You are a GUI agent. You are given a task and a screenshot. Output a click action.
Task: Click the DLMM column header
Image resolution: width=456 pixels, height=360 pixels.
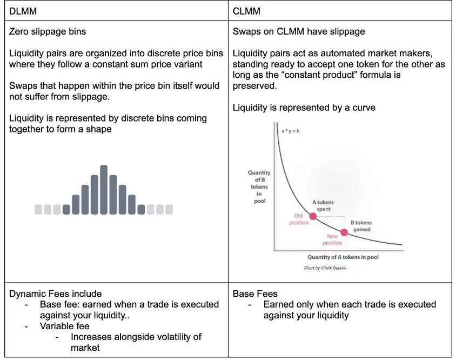click(23, 10)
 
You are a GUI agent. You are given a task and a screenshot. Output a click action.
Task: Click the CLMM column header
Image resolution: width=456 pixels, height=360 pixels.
click(246, 10)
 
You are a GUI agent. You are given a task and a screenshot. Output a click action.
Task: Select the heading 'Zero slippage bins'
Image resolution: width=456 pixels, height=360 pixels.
click(48, 31)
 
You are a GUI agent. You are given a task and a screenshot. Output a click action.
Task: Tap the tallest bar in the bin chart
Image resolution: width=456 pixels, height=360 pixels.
click(104, 189)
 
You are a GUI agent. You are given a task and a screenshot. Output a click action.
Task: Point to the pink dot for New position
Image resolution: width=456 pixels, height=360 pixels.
click(344, 232)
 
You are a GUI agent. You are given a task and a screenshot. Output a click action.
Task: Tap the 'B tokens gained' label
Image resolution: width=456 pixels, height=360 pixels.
click(361, 226)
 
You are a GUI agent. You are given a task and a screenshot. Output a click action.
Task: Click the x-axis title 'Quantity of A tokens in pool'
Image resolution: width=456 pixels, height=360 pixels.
click(343, 257)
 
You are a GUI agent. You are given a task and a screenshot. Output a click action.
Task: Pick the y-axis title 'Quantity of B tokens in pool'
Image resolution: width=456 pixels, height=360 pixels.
click(259, 187)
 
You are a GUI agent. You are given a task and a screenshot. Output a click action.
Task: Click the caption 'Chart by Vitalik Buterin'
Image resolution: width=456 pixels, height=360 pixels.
click(325, 268)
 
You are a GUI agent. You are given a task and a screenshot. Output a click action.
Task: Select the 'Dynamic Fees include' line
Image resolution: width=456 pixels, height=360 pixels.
click(55, 294)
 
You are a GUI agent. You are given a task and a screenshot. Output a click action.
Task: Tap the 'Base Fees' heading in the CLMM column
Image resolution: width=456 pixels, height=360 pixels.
click(255, 294)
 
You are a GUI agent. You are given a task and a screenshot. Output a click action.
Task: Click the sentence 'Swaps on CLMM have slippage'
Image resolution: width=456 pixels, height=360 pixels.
click(299, 31)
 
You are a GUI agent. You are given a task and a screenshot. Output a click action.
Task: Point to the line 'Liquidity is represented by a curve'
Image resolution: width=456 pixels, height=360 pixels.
click(304, 108)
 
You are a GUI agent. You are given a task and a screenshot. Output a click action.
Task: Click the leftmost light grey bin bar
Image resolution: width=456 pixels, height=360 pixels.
click(38, 209)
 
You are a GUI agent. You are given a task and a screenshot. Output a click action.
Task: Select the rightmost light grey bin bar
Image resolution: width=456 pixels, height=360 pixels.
click(169, 209)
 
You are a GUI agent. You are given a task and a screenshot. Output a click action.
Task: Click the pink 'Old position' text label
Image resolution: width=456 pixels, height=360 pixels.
click(299, 219)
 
